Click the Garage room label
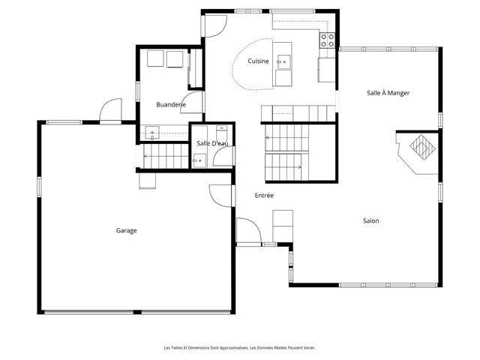pos(126,230)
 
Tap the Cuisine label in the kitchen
pos(258,61)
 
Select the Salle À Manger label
pos(388,93)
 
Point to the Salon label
pos(371,220)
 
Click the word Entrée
pos(264,195)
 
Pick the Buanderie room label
pos(171,105)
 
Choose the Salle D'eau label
pos(212,143)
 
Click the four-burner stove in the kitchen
pos(327,40)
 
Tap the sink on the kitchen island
pos(284,61)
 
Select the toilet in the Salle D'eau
pos(222,133)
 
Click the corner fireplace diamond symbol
pos(422,147)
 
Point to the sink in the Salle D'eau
pos(199,160)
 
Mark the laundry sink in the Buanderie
pos(152,133)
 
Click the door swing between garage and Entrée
pos(221,196)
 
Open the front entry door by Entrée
pos(249,230)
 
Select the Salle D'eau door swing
pos(224,157)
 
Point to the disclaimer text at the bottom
pos(240,348)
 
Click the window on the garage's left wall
pos(39,187)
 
